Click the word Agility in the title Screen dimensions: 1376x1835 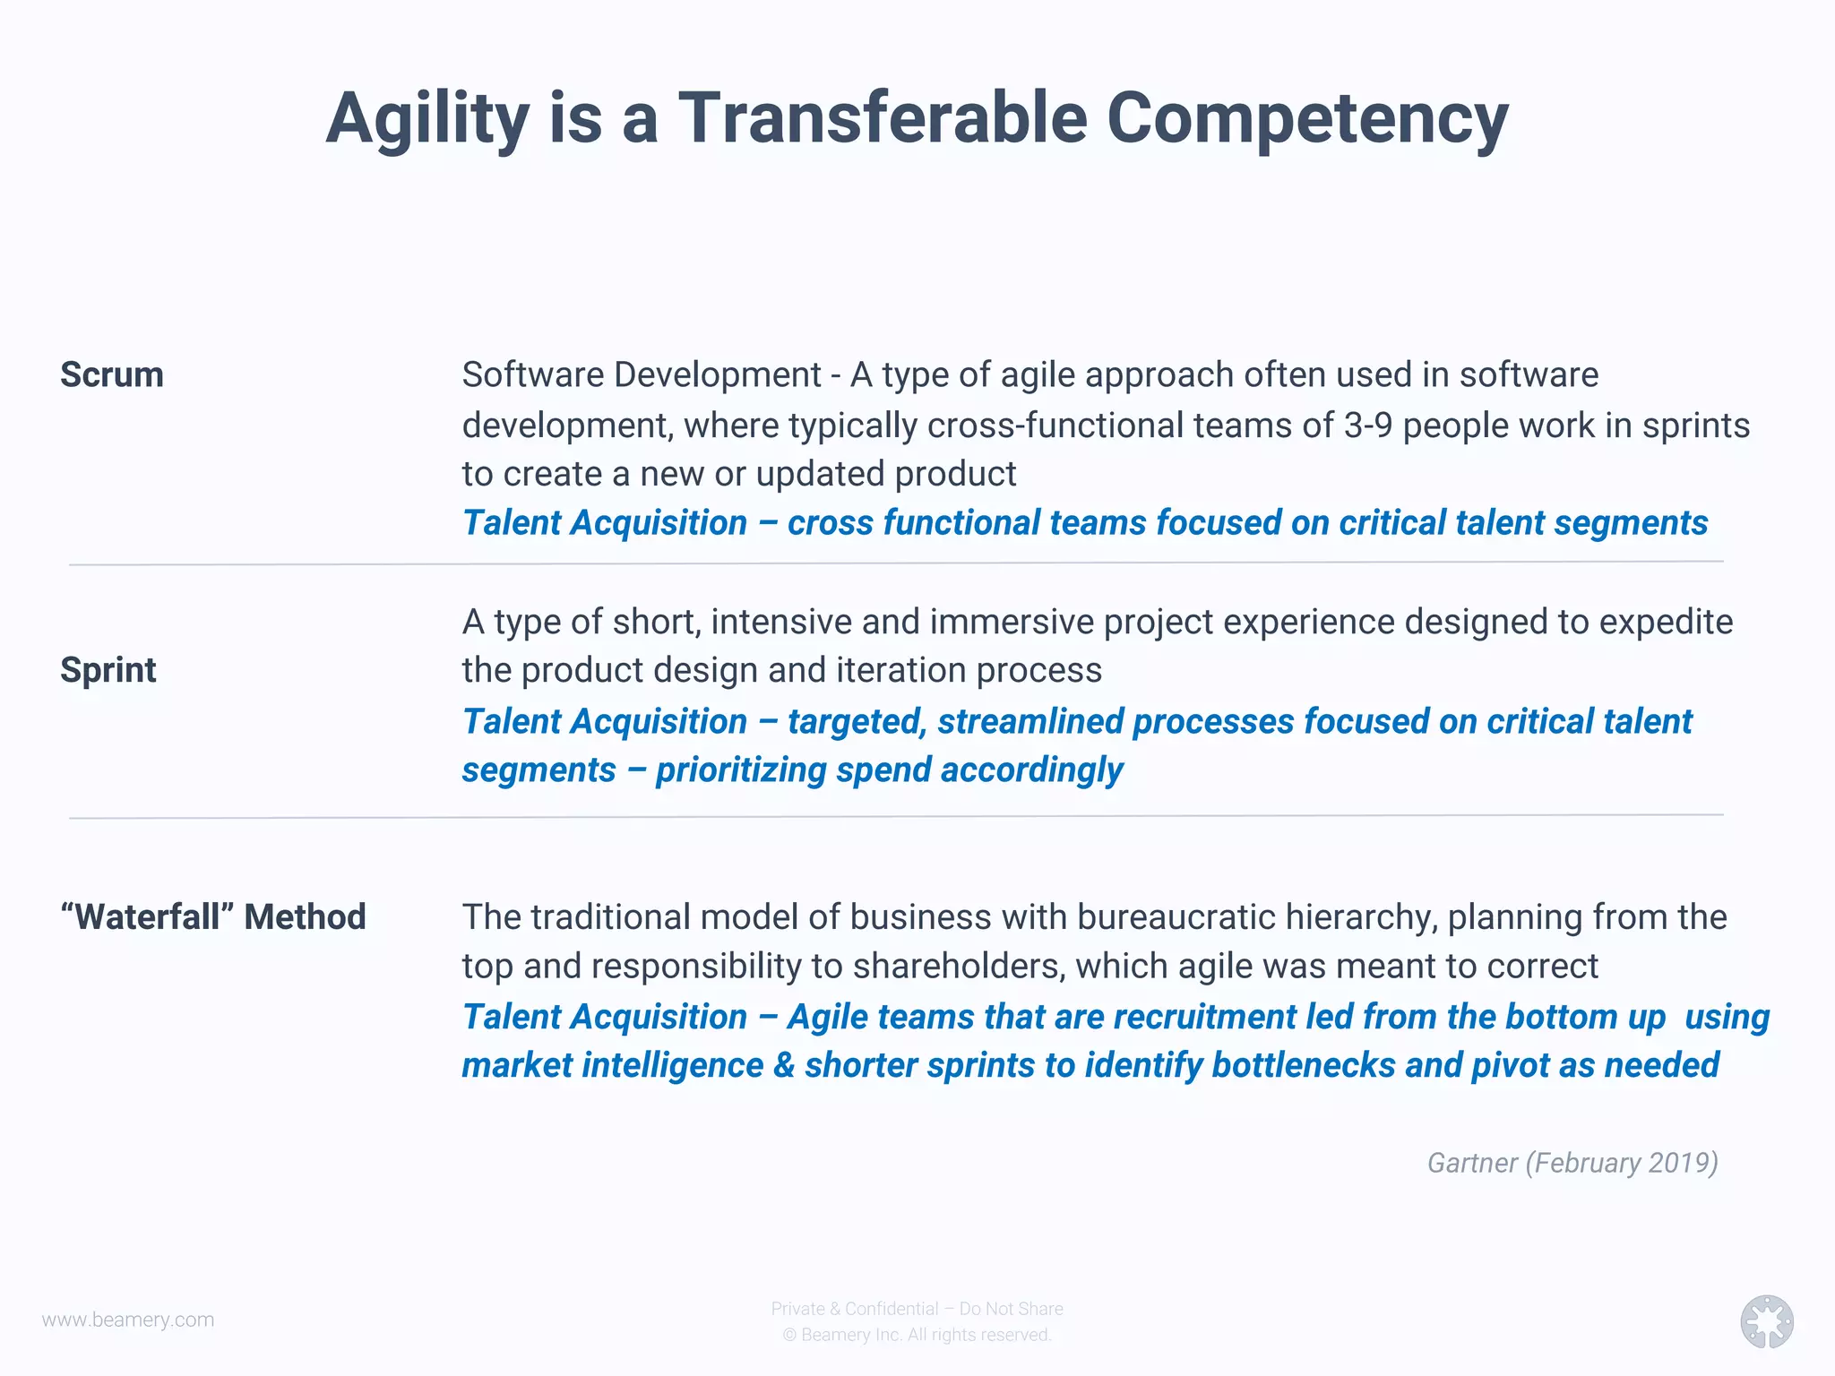coord(427,119)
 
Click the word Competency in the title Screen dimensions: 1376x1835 coord(1307,119)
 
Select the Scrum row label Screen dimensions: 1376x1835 coord(112,374)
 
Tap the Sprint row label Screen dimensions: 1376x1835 coord(108,670)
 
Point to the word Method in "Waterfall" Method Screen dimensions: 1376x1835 coord(305,917)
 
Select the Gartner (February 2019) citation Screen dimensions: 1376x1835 coord(1572,1163)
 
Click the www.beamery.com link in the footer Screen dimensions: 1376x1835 coord(128,1320)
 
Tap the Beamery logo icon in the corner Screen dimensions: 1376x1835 coord(1766,1321)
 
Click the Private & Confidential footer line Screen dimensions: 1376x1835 coord(917,1309)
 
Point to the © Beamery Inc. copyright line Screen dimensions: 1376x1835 coord(917,1335)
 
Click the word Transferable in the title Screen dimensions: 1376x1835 coord(883,119)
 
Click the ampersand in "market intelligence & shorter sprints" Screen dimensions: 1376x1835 coord(784,1066)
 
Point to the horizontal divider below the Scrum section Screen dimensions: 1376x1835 coord(896,563)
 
